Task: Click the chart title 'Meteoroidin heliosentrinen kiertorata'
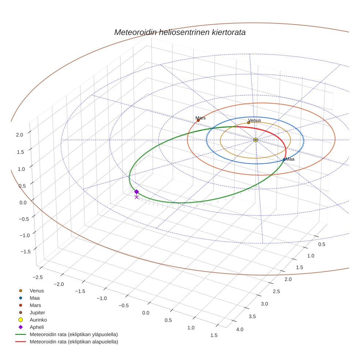click(x=180, y=32)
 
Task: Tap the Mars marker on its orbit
click(x=198, y=120)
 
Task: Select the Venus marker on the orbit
click(x=249, y=123)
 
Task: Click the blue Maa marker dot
click(x=284, y=160)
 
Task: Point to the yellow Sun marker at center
click(x=255, y=140)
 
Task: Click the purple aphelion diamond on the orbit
click(x=136, y=192)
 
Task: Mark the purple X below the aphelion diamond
click(x=136, y=197)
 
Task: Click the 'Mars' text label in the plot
click(x=200, y=118)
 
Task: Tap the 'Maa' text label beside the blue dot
click(x=290, y=159)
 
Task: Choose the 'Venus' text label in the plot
click(x=255, y=120)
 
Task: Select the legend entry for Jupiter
click(x=37, y=312)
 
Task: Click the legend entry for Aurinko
click(x=38, y=320)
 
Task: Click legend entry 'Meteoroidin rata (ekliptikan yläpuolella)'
click(x=74, y=334)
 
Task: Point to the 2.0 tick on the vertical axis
click(x=19, y=135)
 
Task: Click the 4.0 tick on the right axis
click(x=240, y=330)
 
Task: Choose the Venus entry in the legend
click(x=37, y=290)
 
